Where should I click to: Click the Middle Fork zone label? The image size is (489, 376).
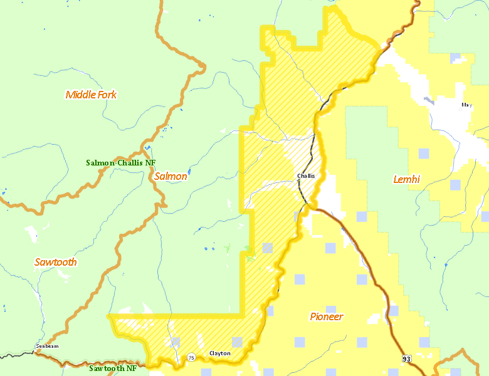tap(91, 95)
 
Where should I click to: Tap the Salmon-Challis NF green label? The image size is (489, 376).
tap(120, 162)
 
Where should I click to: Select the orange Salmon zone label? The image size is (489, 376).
tap(171, 176)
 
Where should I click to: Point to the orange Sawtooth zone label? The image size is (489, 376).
tap(55, 262)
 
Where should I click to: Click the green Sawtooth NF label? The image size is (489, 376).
tap(112, 368)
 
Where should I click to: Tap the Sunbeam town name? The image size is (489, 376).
tap(47, 346)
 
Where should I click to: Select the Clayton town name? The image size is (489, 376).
tap(219, 353)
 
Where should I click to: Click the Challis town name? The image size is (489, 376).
tap(306, 176)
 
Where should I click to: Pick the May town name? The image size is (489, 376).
tap(466, 105)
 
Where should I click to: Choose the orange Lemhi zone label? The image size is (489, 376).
tap(406, 179)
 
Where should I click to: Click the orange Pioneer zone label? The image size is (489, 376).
tap(326, 316)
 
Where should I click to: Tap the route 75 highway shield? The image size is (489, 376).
tap(191, 358)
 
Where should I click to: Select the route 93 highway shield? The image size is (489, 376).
tap(406, 358)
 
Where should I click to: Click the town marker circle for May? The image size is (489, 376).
tap(466, 112)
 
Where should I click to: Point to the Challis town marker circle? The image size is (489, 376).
tap(306, 182)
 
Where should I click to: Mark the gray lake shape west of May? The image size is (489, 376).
tap(429, 100)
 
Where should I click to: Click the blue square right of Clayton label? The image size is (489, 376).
tap(237, 342)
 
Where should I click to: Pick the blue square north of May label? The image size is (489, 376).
tap(456, 59)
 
